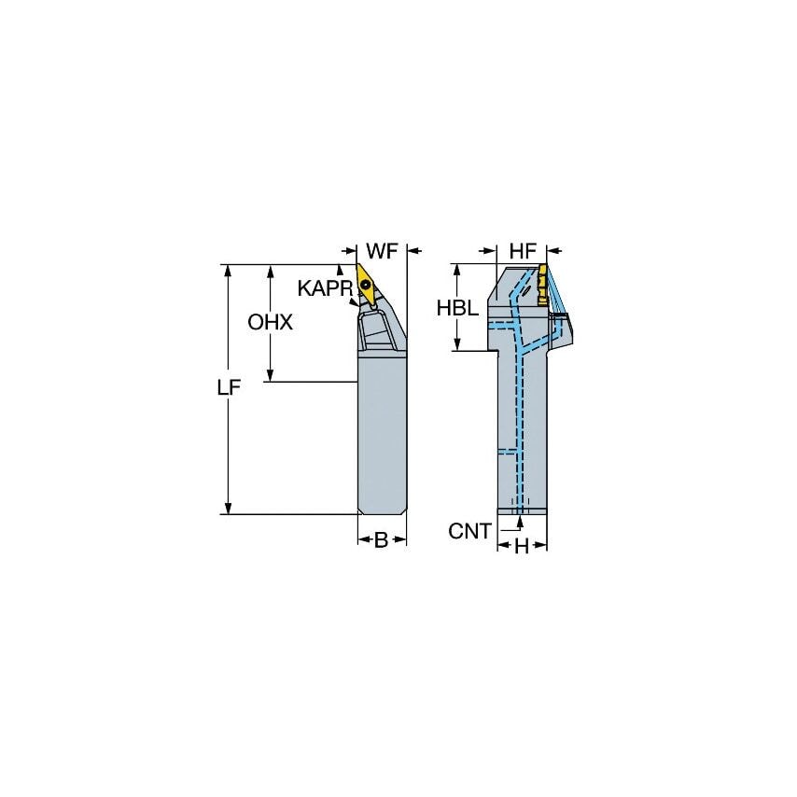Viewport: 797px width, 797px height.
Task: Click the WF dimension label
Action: coord(382,251)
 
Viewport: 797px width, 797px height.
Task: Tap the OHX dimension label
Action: coord(271,322)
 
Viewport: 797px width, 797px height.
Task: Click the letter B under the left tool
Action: coord(381,540)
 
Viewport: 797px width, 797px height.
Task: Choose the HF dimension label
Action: coord(523,251)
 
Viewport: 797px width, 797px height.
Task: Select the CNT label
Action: coord(469,531)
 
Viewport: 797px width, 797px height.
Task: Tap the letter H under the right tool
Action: coord(522,548)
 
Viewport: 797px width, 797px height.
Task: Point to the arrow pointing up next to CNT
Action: coord(507,523)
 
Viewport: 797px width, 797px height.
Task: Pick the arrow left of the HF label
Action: coord(490,251)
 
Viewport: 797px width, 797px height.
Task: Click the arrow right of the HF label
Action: coord(554,251)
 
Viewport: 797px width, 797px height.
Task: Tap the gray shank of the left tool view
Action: coord(382,439)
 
